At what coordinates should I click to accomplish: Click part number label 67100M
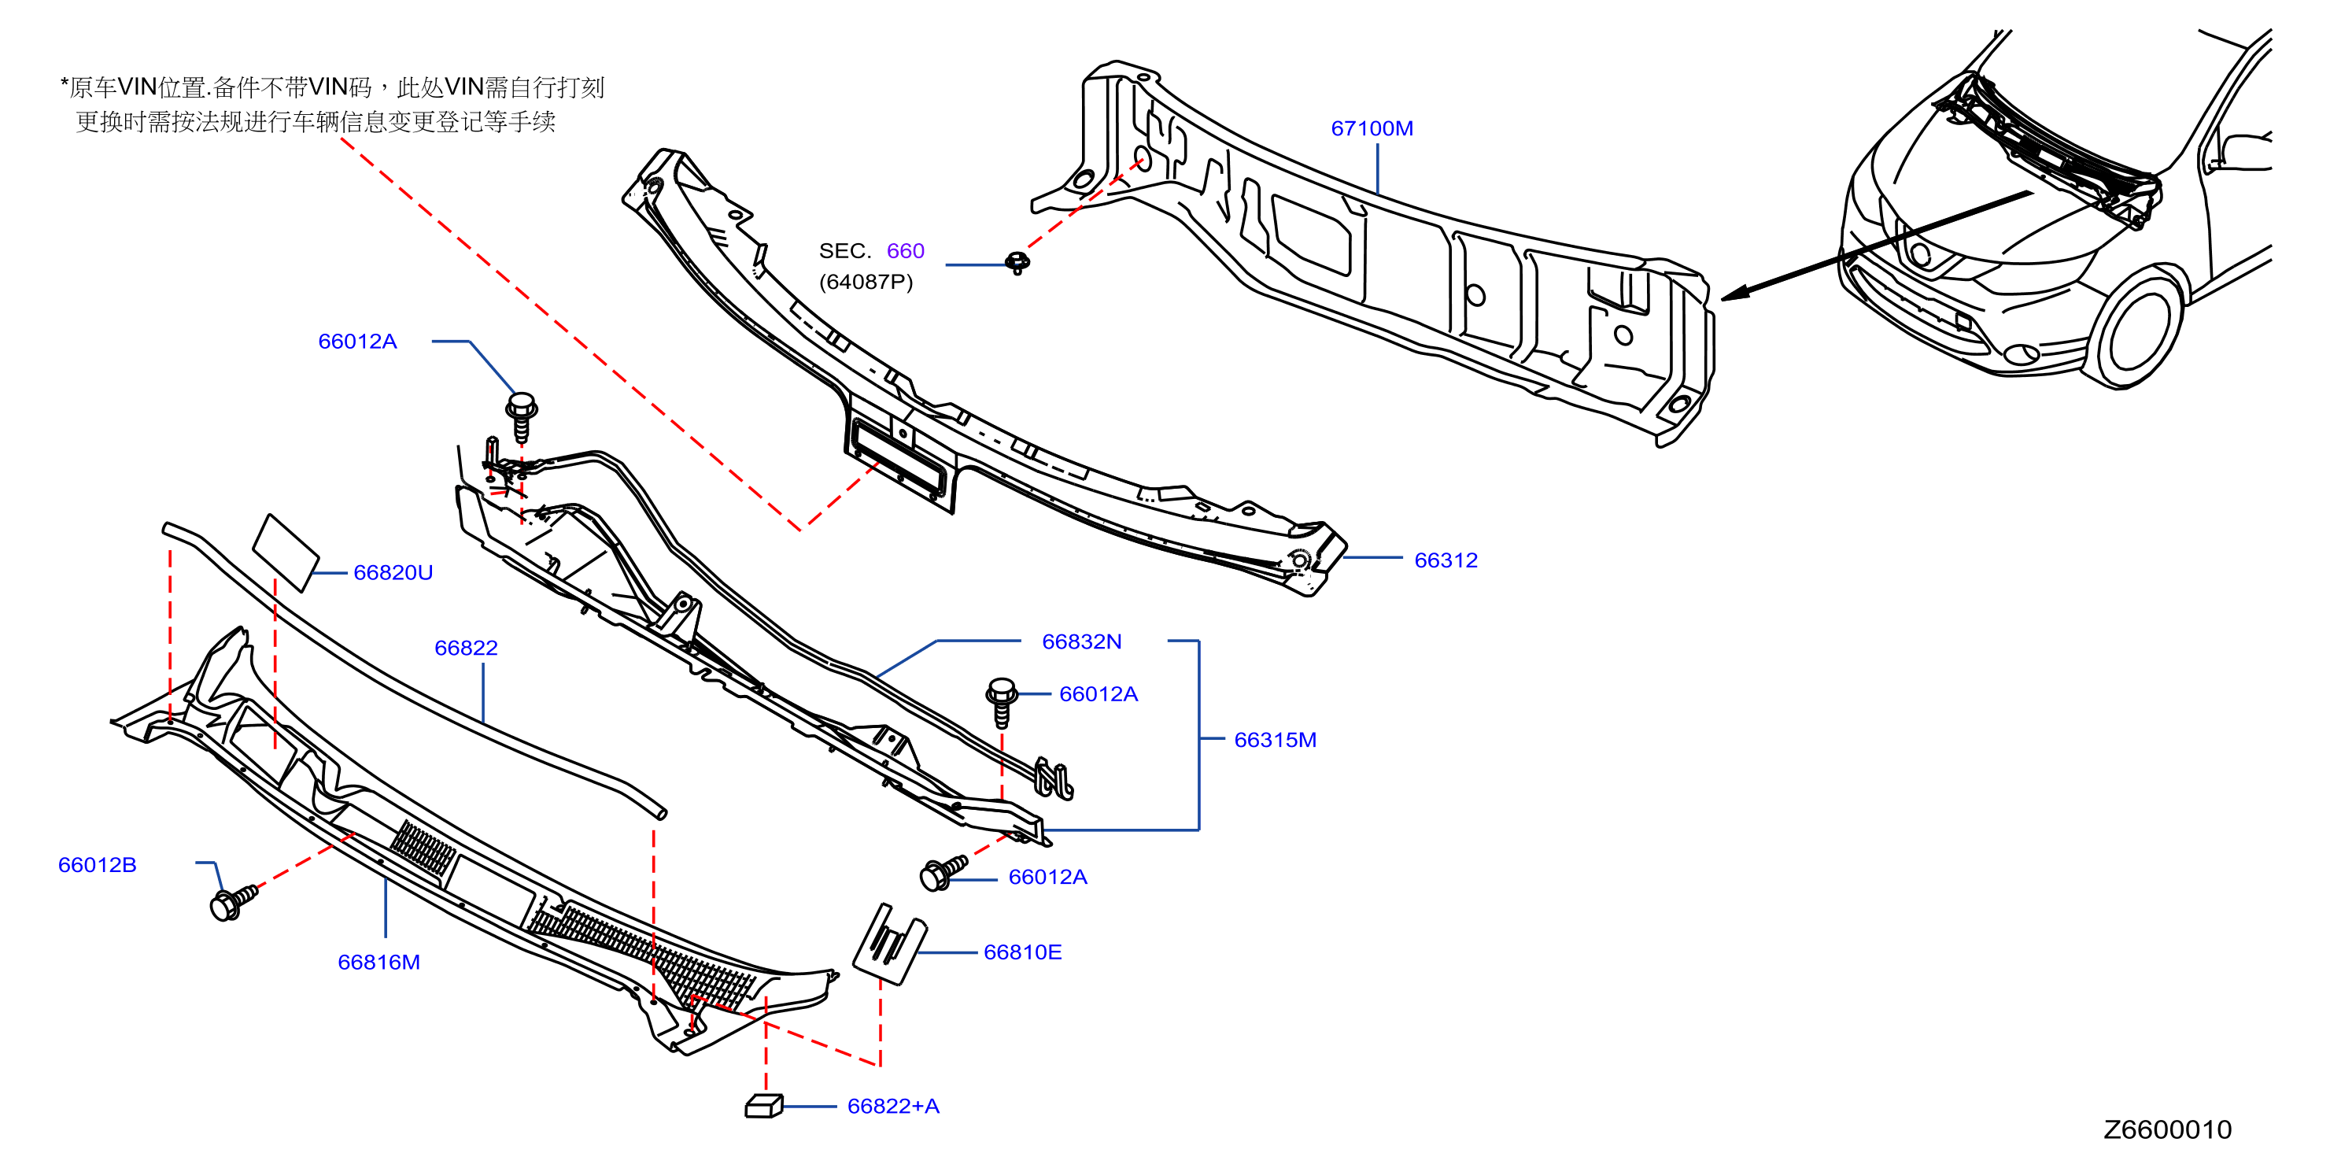coord(1372,128)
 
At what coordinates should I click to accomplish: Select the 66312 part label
coord(1446,560)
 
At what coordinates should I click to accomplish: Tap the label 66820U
coord(393,573)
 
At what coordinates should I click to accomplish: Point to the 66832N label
coord(1081,641)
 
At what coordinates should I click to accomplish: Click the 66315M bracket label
coord(1275,740)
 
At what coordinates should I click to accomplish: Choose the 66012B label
coord(97,865)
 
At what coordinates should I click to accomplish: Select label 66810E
coord(1022,952)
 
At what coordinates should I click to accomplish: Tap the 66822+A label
coord(893,1107)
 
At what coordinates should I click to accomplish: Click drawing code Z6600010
coord(2167,1130)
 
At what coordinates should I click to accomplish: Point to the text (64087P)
coord(866,283)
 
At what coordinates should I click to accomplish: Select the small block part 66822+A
coord(763,1106)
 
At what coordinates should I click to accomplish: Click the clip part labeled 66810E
coord(889,944)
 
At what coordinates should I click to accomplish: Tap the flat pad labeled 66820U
coord(285,552)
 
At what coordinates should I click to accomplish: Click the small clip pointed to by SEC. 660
coord(1017,262)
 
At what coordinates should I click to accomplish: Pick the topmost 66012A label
coord(357,341)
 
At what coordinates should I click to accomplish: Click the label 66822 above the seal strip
coord(466,648)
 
